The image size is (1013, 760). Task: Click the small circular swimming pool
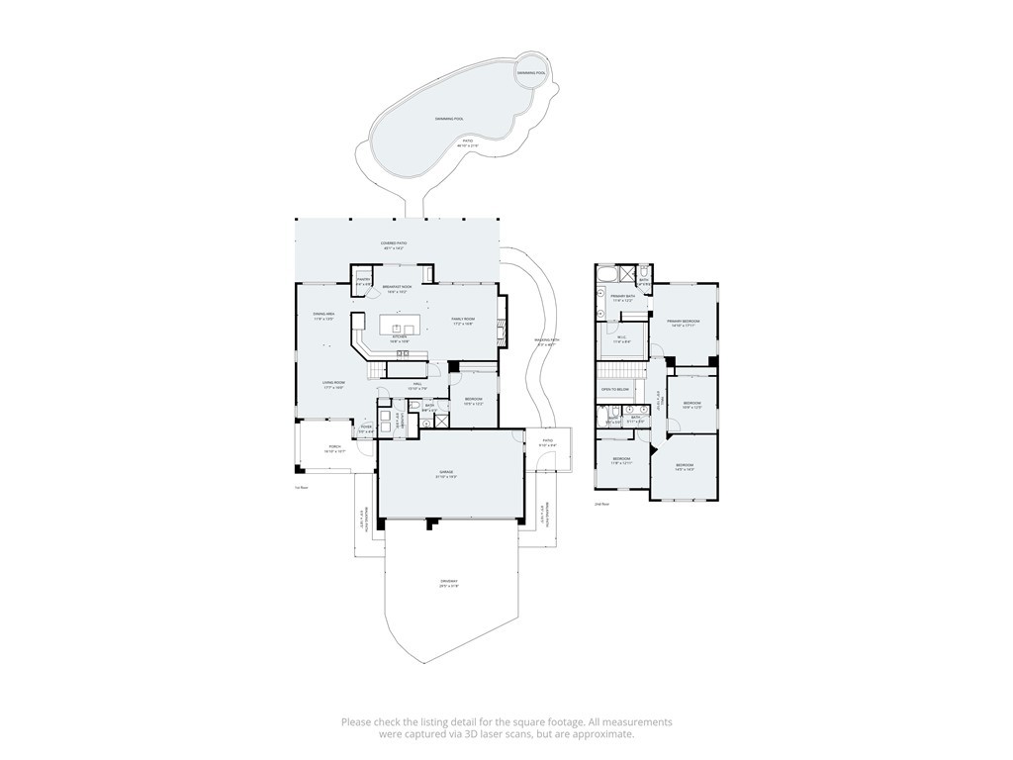click(x=531, y=72)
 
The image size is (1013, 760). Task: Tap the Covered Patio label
click(x=394, y=243)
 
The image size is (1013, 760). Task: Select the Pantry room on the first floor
click(x=363, y=281)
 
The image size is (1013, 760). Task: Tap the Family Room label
click(x=463, y=321)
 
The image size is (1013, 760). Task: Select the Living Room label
click(x=332, y=384)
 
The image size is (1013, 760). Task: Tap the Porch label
click(x=321, y=448)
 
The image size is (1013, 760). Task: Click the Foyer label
click(x=365, y=427)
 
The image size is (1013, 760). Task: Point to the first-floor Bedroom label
click(x=473, y=401)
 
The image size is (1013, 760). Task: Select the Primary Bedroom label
click(x=683, y=322)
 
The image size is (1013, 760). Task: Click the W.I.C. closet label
click(x=622, y=339)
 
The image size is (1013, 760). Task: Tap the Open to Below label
click(x=614, y=389)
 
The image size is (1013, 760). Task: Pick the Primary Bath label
click(x=622, y=298)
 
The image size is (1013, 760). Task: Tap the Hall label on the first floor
click(x=417, y=384)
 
